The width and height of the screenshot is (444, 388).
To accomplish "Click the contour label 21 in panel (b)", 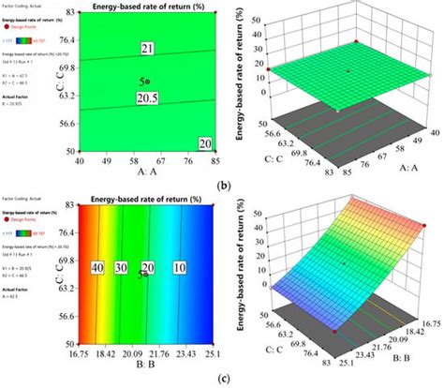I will (x=147, y=49).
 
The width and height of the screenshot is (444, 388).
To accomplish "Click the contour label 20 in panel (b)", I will (x=204, y=142).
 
